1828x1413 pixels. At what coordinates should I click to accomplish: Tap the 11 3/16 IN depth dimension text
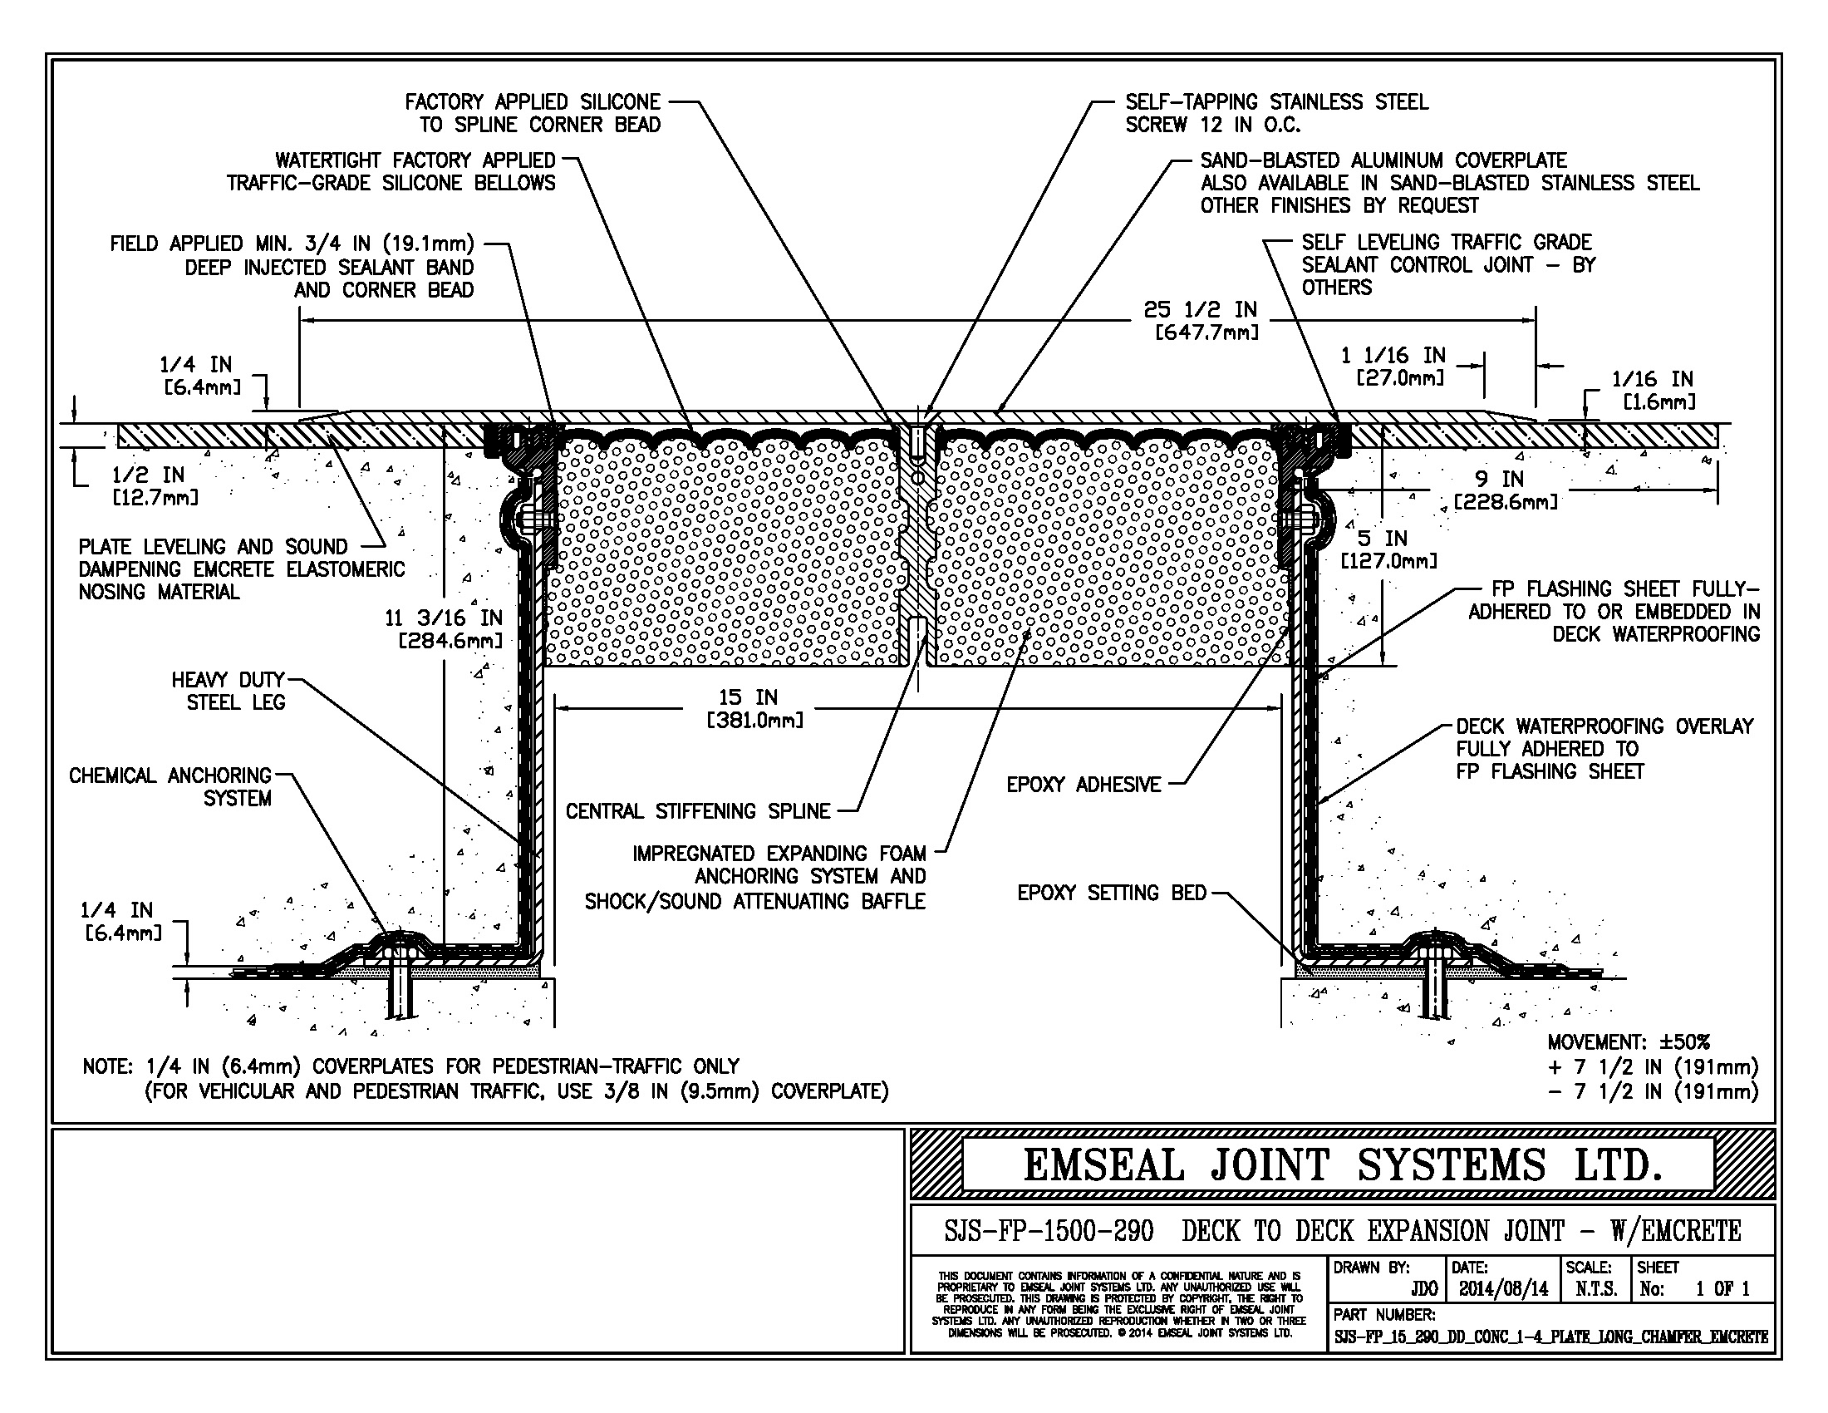(443, 629)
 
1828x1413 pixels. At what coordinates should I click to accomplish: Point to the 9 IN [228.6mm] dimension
(1505, 490)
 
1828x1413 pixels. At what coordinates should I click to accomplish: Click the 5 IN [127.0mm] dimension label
(1388, 549)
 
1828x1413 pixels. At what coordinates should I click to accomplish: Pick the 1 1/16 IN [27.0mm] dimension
(1393, 366)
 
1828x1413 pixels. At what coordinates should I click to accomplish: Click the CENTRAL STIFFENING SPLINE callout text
(698, 811)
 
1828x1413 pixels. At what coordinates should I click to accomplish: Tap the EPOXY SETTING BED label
(1112, 894)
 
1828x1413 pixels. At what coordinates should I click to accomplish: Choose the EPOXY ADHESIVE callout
(1083, 785)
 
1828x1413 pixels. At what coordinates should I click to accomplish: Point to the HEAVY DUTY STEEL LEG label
(229, 691)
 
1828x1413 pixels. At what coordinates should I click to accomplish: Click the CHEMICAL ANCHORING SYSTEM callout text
(170, 787)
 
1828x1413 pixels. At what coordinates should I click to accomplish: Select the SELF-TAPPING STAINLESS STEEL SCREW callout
(1275, 113)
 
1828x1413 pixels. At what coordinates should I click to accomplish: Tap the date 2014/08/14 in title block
(1503, 1289)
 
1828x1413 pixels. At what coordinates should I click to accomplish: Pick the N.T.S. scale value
(1595, 1289)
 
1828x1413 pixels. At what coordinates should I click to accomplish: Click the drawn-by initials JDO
(1423, 1289)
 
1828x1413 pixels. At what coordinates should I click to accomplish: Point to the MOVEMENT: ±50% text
(1628, 1042)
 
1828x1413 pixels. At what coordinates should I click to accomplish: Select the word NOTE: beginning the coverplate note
(107, 1067)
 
